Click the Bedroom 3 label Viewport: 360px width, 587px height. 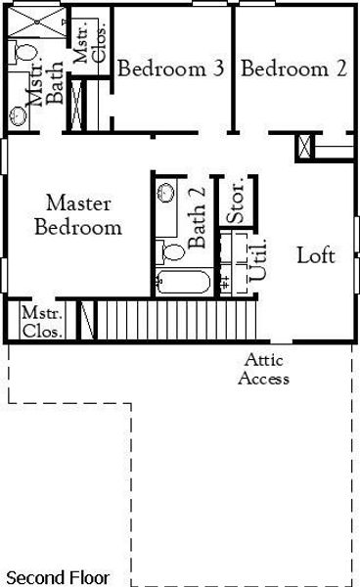click(x=171, y=68)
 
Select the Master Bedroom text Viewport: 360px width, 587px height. click(x=78, y=216)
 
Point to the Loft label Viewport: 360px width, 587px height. click(x=316, y=256)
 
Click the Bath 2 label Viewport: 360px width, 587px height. click(x=198, y=226)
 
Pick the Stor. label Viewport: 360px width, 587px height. click(x=236, y=200)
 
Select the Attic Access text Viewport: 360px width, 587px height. click(x=265, y=370)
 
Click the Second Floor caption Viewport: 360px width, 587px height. click(x=58, y=577)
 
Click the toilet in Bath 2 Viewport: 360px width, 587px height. click(x=174, y=251)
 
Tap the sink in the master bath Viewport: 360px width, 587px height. click(x=20, y=114)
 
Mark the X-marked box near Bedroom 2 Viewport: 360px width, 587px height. click(x=306, y=147)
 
